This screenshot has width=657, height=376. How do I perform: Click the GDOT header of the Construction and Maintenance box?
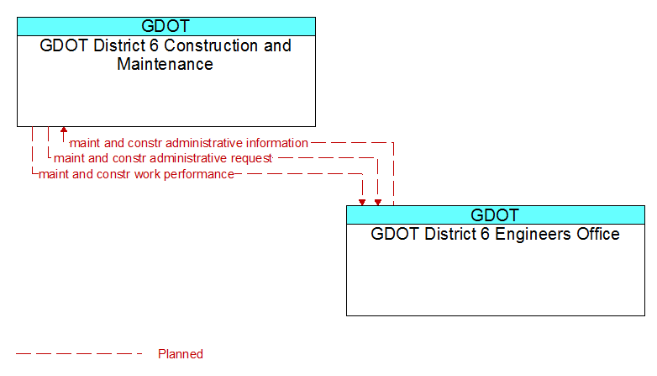point(166,26)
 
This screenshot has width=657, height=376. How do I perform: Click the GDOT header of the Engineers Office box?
point(495,215)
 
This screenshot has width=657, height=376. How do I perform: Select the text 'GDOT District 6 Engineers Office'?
point(495,234)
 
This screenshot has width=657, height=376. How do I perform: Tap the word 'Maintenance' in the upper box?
point(165,64)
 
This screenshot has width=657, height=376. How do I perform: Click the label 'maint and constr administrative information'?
point(188,143)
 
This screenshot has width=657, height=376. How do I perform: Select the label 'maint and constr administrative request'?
point(163,158)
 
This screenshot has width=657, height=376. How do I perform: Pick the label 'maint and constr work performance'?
point(136,174)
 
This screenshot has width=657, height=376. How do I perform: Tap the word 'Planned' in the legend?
point(181,354)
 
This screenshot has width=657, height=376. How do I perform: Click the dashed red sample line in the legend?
point(79,354)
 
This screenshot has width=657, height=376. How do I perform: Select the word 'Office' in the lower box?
point(598,234)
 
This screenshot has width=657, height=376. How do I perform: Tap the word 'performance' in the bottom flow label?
point(199,175)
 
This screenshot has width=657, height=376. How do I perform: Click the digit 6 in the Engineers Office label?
point(486,234)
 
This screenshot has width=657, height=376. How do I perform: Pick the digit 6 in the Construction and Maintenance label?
point(155,45)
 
